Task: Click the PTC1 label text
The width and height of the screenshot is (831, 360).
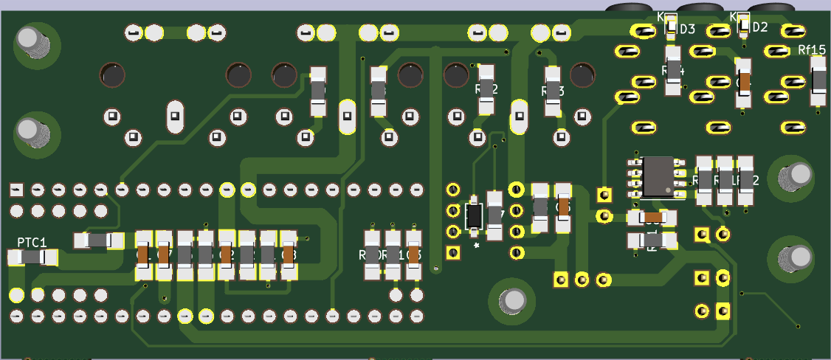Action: click(32, 242)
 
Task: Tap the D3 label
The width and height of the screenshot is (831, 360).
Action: click(687, 29)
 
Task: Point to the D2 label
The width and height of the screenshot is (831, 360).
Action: click(759, 27)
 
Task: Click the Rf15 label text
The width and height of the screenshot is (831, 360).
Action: click(812, 49)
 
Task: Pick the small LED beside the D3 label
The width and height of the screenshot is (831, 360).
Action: click(671, 24)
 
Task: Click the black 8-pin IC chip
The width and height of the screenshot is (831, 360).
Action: click(663, 177)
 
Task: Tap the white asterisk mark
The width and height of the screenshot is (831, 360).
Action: click(477, 244)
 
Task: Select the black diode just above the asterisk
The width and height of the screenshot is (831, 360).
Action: click(474, 216)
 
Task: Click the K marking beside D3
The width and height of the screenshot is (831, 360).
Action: click(661, 17)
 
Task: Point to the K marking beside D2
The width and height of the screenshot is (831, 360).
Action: click(734, 16)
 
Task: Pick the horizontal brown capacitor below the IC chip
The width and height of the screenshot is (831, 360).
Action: click(652, 217)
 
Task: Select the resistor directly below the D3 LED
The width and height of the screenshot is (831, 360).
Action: click(672, 70)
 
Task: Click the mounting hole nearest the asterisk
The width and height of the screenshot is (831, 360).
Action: click(512, 300)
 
